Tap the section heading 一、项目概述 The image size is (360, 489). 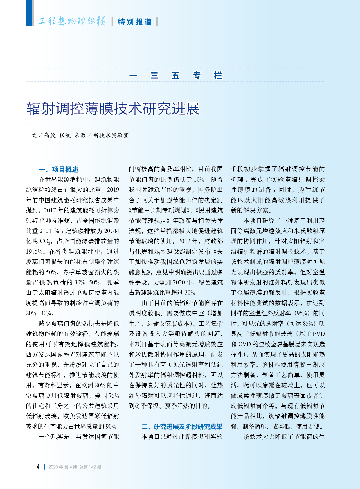point(58,170)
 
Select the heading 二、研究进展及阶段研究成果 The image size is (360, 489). point(182,427)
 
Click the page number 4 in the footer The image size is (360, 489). point(38,467)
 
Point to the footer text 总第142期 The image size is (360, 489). point(90,467)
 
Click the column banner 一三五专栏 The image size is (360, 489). point(175,76)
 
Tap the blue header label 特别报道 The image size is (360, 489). point(135,22)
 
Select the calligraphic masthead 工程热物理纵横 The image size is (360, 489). point(72,21)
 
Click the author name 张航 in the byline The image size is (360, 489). point(65,135)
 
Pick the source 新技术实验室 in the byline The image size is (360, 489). point(111,135)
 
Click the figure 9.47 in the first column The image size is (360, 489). point(32,221)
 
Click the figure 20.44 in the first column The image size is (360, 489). point(111,231)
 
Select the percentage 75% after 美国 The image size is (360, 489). point(114,396)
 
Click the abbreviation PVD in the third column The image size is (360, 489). point(318,334)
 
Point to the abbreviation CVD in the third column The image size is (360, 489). point(244,344)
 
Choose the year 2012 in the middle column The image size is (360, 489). point(184,241)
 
